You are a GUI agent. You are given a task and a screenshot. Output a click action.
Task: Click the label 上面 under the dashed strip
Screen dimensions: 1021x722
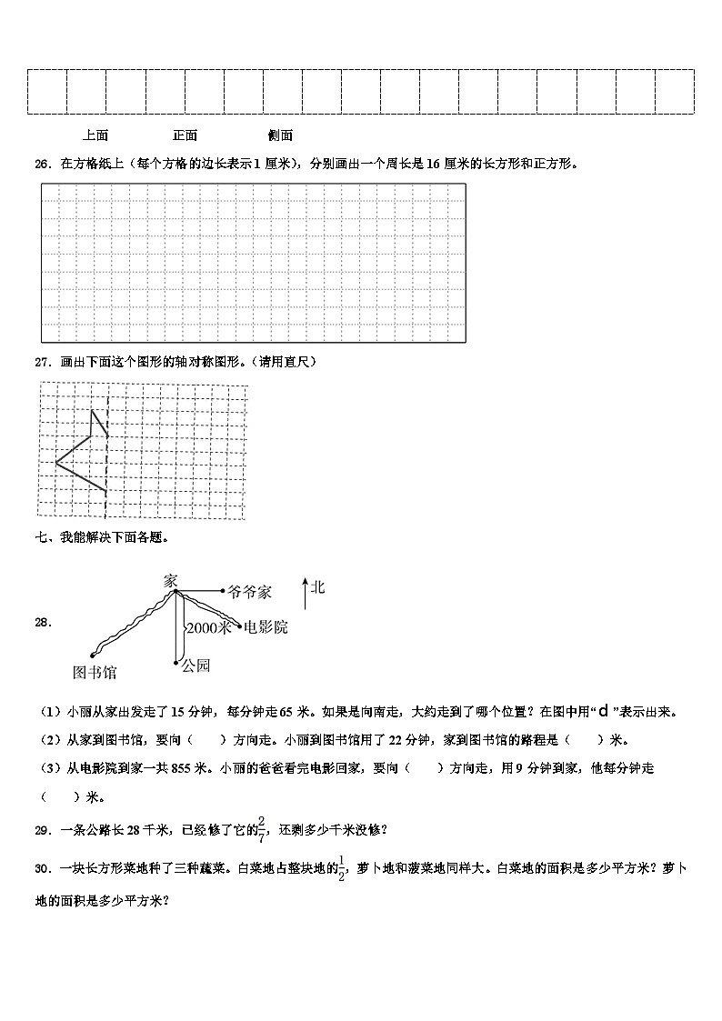click(x=95, y=135)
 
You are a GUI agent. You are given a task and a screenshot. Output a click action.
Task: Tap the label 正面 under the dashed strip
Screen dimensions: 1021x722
click(x=185, y=135)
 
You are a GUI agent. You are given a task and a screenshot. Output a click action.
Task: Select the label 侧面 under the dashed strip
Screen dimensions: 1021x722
click(x=280, y=135)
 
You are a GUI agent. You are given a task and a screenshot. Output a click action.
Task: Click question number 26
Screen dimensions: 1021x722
click(x=42, y=165)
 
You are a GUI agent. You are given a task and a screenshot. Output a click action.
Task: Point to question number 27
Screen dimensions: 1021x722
click(x=42, y=362)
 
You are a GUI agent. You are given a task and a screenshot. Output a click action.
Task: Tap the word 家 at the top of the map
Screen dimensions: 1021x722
click(x=171, y=579)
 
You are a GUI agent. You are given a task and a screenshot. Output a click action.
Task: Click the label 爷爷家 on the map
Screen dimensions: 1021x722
click(x=249, y=592)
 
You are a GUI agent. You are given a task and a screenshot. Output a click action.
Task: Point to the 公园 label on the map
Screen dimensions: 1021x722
click(x=196, y=666)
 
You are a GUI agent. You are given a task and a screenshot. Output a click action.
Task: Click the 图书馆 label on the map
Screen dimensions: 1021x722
click(x=95, y=673)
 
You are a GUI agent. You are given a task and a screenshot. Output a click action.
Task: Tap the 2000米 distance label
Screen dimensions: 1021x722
click(x=208, y=627)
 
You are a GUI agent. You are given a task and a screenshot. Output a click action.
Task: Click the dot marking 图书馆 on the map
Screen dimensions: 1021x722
click(x=93, y=655)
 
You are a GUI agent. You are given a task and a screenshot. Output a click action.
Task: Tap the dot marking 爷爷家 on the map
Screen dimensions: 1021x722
click(x=224, y=591)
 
